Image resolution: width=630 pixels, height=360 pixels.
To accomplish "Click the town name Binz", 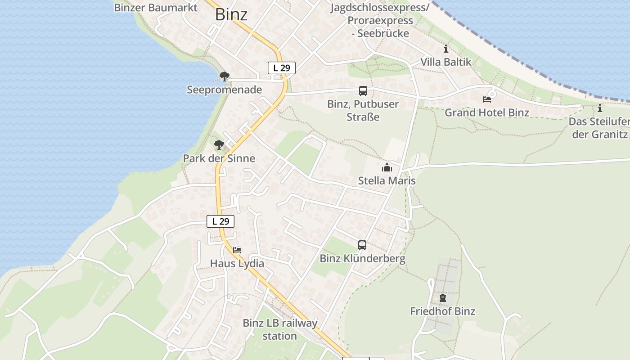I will pyautogui.click(x=231, y=14).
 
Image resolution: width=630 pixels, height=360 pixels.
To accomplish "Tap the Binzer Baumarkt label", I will pyautogui.click(x=156, y=8).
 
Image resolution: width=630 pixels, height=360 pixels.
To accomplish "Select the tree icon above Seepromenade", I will pyautogui.click(x=224, y=76).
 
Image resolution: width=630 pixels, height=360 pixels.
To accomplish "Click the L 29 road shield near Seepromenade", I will pyautogui.click(x=282, y=68).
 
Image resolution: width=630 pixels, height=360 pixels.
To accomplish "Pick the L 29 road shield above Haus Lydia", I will pyautogui.click(x=220, y=221).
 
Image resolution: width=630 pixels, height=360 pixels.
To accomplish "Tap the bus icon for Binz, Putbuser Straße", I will pyautogui.click(x=363, y=91).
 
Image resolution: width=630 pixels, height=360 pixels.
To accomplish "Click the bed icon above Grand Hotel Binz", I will pyautogui.click(x=487, y=99).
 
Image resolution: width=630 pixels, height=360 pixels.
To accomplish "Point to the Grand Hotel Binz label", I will pyautogui.click(x=487, y=112).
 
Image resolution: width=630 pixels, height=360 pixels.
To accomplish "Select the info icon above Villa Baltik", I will pyautogui.click(x=446, y=49).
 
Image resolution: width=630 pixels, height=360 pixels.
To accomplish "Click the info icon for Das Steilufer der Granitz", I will pyautogui.click(x=599, y=108).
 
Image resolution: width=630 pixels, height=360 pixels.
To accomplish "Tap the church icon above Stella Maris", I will pyautogui.click(x=387, y=168).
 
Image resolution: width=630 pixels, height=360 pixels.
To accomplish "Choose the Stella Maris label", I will pyautogui.click(x=387, y=180).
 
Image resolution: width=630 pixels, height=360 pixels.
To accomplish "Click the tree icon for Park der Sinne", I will pyautogui.click(x=219, y=145).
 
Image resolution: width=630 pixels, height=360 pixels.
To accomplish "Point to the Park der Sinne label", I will pyautogui.click(x=219, y=158).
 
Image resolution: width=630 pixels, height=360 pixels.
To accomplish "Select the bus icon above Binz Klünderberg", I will pyautogui.click(x=362, y=245).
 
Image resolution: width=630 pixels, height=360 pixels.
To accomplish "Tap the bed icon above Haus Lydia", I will pyautogui.click(x=237, y=250).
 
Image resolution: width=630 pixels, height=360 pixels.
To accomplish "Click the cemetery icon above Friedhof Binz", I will pyautogui.click(x=443, y=298).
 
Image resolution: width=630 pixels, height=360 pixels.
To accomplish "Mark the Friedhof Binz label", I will pyautogui.click(x=443, y=311).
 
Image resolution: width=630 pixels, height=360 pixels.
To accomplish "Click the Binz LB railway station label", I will pyautogui.click(x=280, y=329).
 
